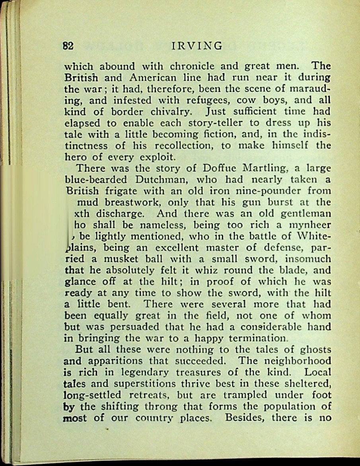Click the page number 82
(68, 46)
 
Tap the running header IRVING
(197, 46)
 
